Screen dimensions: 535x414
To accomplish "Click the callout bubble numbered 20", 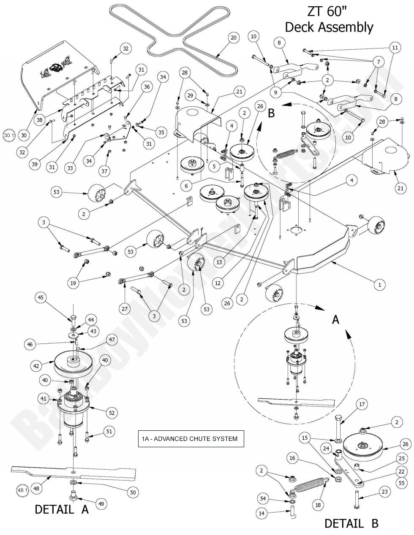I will point(233,38).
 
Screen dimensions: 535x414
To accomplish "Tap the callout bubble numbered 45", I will point(41,298).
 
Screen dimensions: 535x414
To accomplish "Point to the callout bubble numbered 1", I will point(379,285).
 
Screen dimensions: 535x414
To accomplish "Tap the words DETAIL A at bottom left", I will point(62,510).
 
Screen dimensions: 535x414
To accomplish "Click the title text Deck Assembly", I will point(329,27).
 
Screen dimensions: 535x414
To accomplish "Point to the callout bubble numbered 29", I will point(191,97).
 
